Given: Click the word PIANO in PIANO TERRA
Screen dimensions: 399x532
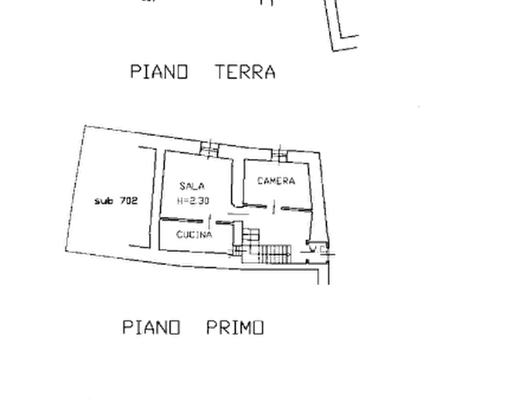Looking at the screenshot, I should point(159,71).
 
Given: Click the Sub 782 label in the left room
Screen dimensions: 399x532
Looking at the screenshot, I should point(116,202).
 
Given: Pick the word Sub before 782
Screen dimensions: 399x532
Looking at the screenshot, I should point(102,202).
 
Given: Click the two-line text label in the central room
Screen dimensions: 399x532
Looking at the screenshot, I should point(193,194).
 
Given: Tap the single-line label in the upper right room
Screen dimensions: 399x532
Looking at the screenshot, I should point(277,179).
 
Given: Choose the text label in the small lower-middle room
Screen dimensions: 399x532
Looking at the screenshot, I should point(192,234).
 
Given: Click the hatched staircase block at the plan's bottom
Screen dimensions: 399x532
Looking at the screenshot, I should point(275,254).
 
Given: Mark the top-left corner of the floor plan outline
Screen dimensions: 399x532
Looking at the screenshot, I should point(83,123).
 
